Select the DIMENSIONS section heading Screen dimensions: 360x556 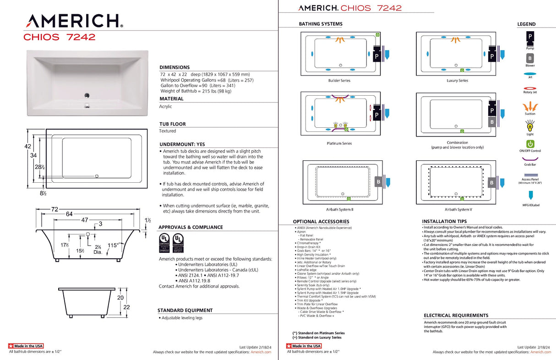click(x=174, y=67)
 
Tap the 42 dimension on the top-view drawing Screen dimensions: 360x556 click(x=27, y=146)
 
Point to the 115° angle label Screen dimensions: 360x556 click(x=114, y=245)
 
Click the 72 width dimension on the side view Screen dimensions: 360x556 click(x=55, y=209)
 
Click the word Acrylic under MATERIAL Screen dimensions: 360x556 click(x=165, y=106)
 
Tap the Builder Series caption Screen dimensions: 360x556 click(x=339, y=81)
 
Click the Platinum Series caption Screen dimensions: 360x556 click(x=339, y=143)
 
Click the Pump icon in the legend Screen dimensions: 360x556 click(x=529, y=36)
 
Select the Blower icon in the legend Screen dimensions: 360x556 click(x=529, y=59)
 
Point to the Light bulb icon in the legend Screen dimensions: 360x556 click(x=530, y=125)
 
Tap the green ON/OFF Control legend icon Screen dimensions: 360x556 click(x=530, y=144)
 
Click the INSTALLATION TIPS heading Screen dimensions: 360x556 click(x=444, y=221)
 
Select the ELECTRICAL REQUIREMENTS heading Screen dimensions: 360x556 click(x=456, y=316)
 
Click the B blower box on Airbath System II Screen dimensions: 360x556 click(x=378, y=181)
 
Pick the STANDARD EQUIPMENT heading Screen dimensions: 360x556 click(x=185, y=311)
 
